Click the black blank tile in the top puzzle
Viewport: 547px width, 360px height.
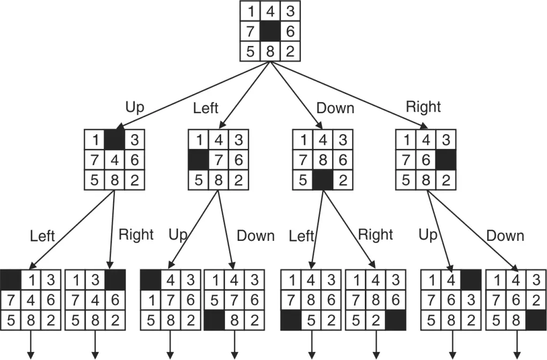tap(270, 32)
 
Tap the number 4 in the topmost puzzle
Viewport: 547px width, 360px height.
tap(270, 12)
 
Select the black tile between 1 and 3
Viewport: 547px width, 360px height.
tap(114, 140)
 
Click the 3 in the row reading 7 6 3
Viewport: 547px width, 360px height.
tap(471, 302)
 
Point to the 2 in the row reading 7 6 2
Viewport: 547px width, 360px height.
tap(535, 302)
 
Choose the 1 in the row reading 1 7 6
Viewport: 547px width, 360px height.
tap(151, 302)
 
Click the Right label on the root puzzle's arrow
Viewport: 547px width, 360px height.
tap(423, 107)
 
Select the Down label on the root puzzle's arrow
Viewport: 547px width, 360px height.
tap(335, 108)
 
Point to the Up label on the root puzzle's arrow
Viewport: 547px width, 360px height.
tap(135, 107)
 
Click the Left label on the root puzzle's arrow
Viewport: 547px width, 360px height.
tap(206, 108)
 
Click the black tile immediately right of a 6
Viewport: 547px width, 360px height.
tap(446, 160)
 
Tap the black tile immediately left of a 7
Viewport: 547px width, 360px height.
tap(199, 160)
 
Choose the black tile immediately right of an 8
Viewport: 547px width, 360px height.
tap(535, 322)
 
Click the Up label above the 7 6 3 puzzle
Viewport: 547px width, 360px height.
tap(428, 235)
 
